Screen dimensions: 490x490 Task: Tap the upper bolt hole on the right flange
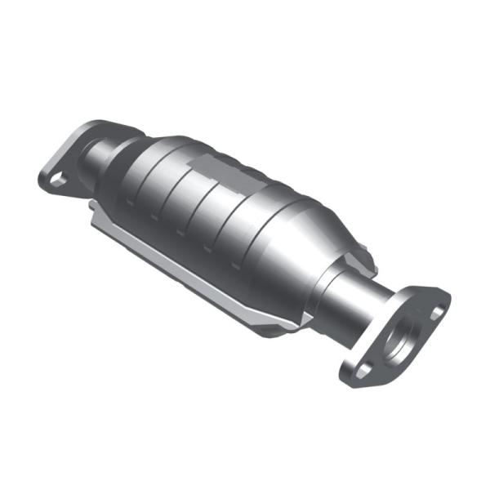point(438,311)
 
